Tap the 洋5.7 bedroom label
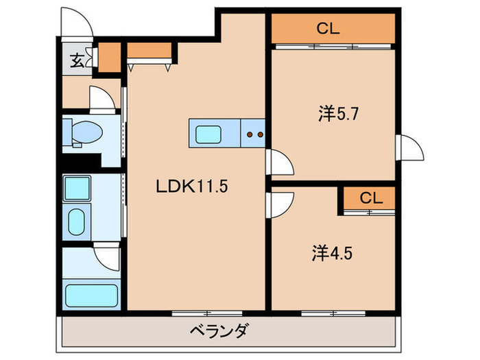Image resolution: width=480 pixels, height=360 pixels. pyautogui.click(x=336, y=114)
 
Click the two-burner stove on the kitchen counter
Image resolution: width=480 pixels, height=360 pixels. pyautogui.click(x=255, y=134)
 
